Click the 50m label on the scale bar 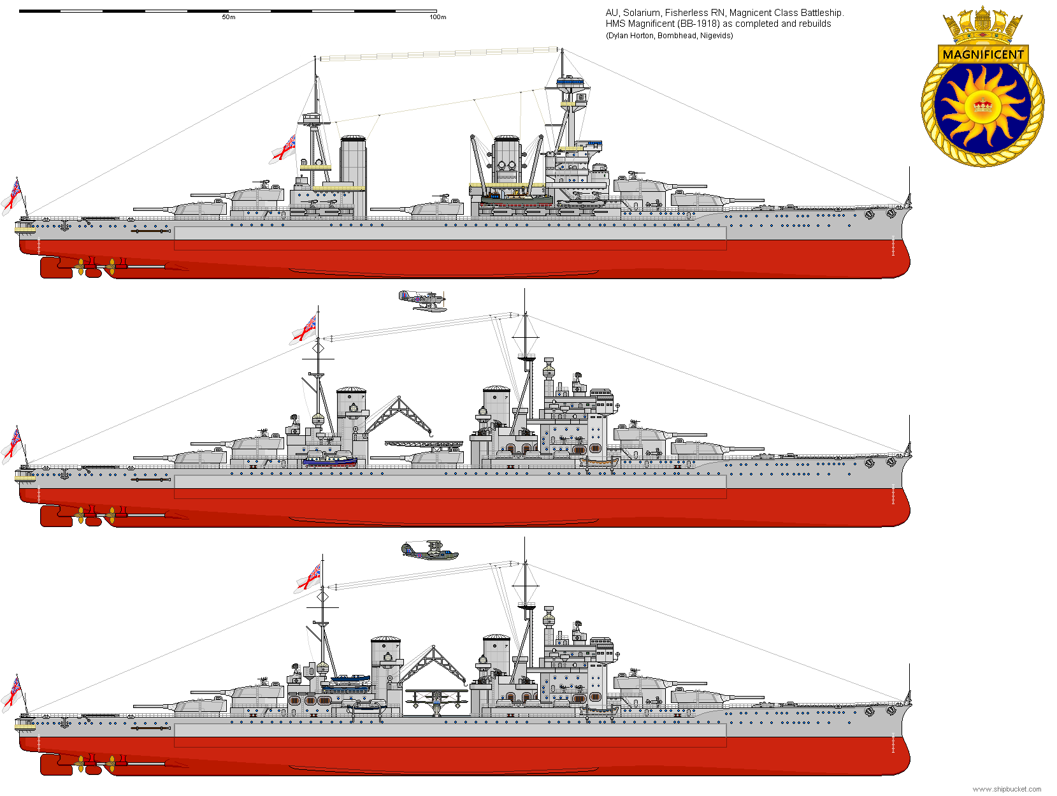coord(228,17)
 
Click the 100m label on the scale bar coord(438,17)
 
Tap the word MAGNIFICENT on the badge coord(983,54)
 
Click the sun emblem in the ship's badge coord(983,106)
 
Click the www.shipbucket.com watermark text coord(1007,789)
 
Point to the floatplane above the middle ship coord(422,301)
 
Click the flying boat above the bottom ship coord(429,550)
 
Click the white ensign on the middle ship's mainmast coord(304,329)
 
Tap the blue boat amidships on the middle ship coord(330,461)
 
